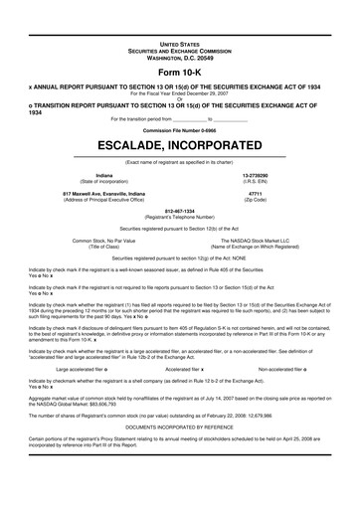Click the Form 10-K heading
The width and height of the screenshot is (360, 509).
[x=179, y=74]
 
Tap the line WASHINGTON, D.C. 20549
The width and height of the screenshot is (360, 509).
[x=179, y=59]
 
